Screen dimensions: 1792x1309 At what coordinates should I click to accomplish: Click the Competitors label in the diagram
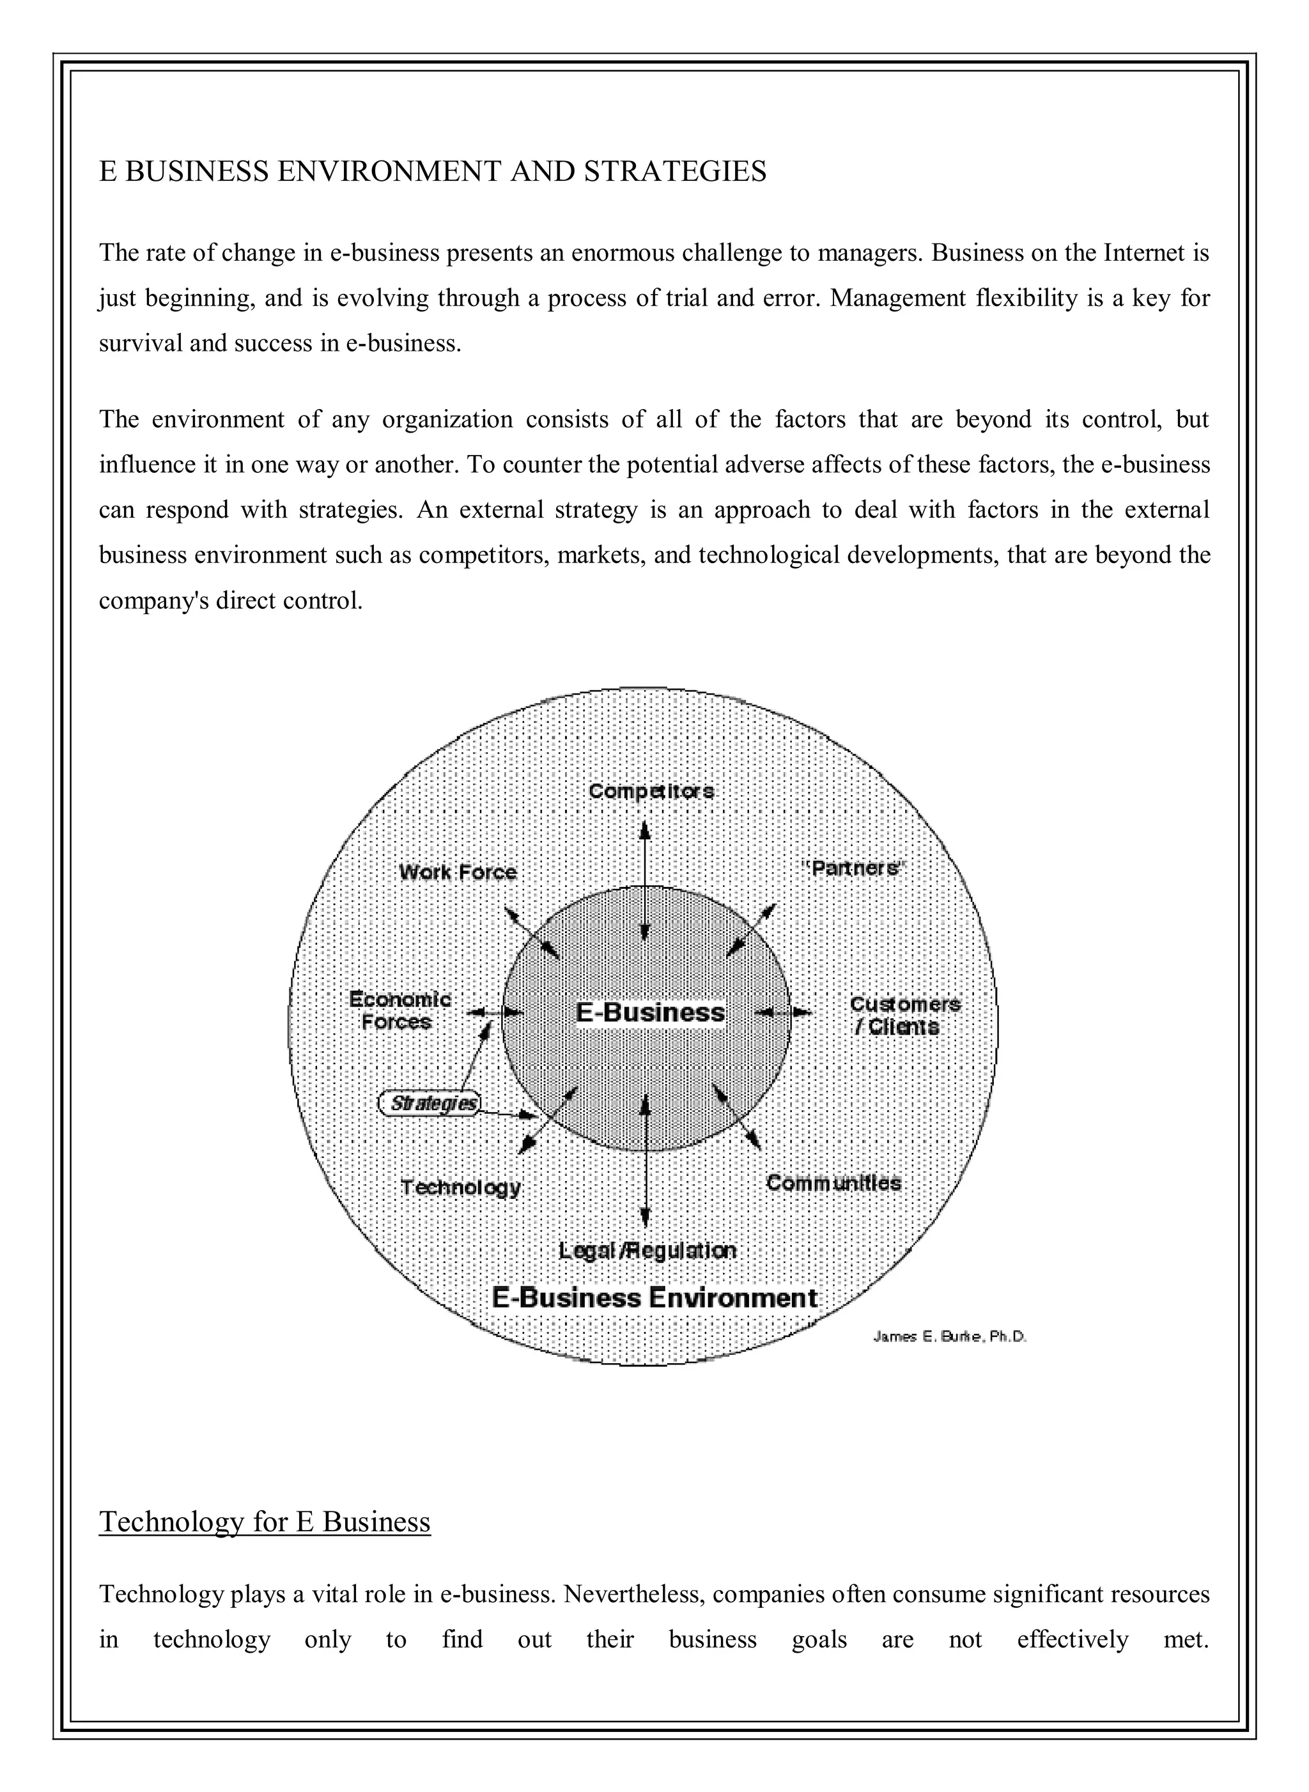(651, 791)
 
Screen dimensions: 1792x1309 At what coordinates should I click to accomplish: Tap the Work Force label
(458, 872)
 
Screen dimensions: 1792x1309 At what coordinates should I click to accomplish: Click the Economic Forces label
(399, 1011)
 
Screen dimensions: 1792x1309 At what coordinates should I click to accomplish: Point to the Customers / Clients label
(904, 1016)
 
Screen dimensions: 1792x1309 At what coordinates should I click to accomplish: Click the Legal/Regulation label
(647, 1250)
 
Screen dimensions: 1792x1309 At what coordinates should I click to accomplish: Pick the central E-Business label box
(650, 1012)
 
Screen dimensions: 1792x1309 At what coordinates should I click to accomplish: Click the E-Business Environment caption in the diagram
(654, 1297)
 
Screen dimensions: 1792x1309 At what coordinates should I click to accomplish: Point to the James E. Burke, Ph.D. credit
(949, 1336)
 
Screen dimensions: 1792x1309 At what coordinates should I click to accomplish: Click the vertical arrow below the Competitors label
(645, 879)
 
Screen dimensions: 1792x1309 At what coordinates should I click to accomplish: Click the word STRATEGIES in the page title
(675, 171)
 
